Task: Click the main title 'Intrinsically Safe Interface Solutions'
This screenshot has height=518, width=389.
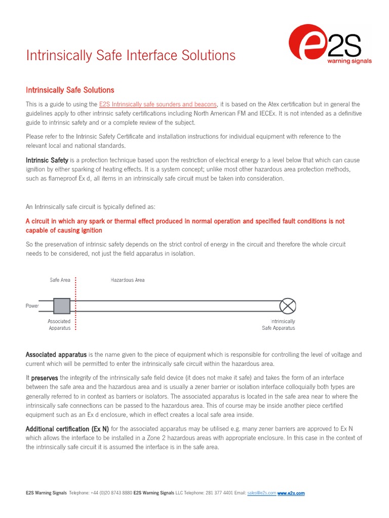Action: [x=131, y=55]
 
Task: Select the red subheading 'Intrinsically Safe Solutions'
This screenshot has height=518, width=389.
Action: [x=70, y=90]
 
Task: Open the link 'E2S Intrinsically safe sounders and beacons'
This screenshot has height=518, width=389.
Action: [x=158, y=104]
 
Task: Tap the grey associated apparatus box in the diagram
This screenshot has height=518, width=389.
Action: [x=61, y=306]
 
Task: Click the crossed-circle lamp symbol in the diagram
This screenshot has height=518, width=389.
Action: [x=288, y=306]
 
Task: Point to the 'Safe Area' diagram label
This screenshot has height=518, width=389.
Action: [x=60, y=280]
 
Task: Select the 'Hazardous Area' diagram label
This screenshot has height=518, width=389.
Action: [x=128, y=280]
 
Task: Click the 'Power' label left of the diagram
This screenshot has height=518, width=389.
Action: [x=32, y=306]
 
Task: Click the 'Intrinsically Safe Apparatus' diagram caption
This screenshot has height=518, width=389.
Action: [x=278, y=325]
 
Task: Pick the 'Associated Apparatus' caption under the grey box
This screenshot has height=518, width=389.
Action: [x=59, y=325]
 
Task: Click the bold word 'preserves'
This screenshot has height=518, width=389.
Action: [x=45, y=378]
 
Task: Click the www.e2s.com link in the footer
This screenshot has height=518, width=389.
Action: [x=291, y=493]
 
